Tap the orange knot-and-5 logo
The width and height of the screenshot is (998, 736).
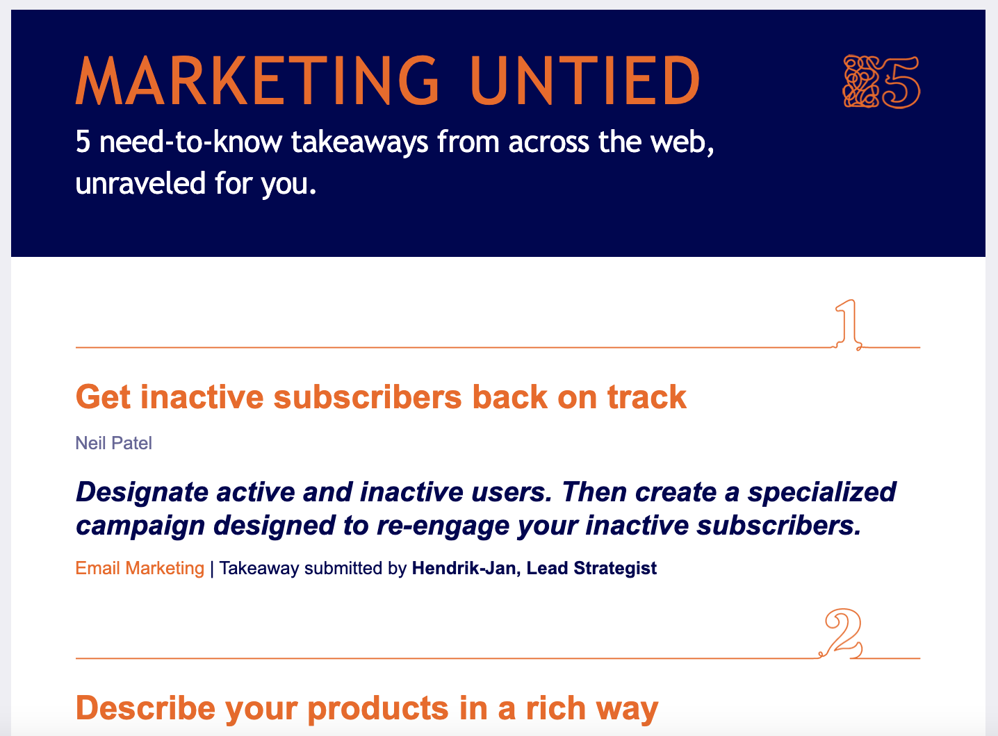point(881,82)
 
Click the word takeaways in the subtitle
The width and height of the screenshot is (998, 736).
point(359,142)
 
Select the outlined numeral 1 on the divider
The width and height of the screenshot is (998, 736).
point(847,324)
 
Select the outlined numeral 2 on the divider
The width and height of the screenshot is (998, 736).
point(843,633)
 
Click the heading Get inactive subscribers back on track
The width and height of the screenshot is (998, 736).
point(381,397)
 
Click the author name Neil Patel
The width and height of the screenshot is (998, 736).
point(113,443)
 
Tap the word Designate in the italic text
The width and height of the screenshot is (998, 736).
point(142,492)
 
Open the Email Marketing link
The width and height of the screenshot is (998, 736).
point(140,568)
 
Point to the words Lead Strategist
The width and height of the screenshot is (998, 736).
point(591,568)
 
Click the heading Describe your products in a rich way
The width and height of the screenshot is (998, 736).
point(366,708)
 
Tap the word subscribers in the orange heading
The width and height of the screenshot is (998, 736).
point(368,397)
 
